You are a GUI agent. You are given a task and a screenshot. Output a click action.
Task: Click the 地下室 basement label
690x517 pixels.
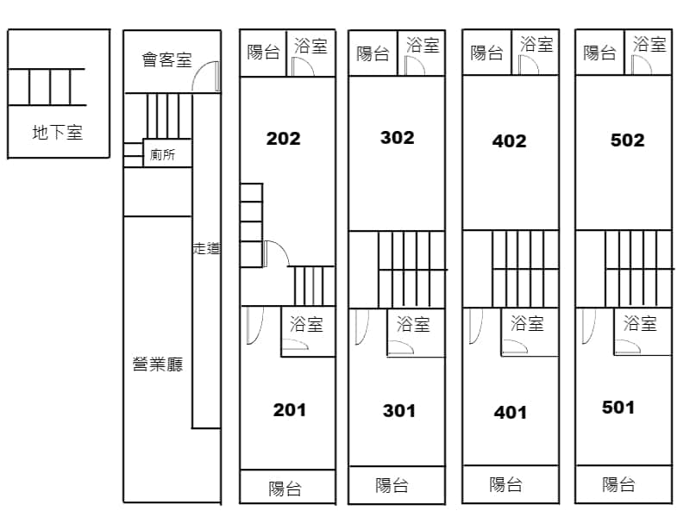point(58,132)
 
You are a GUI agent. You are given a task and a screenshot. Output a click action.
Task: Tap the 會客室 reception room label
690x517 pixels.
point(166,59)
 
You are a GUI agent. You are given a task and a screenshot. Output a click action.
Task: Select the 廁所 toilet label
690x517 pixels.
point(162,154)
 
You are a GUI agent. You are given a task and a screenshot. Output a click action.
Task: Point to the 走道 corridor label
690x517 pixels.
point(206,248)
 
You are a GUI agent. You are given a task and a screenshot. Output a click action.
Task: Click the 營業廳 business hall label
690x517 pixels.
point(158,364)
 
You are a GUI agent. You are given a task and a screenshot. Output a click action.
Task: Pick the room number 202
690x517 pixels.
point(284,139)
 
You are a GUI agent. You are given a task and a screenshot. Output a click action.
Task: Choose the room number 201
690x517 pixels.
point(290,410)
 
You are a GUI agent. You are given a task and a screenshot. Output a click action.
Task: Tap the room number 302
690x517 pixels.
point(398,138)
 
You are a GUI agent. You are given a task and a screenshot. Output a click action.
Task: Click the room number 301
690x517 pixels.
point(399,411)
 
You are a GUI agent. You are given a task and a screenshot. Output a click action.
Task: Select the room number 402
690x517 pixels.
point(509,140)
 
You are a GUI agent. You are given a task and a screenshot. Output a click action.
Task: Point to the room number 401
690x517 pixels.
point(511,413)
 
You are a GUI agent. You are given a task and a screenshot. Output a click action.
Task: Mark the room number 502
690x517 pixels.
point(628,140)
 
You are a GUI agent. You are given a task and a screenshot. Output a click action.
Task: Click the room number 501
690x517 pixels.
point(618,408)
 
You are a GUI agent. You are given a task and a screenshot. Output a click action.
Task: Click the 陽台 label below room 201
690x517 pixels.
point(285,489)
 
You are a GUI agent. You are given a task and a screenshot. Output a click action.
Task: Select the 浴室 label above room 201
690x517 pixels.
point(306,324)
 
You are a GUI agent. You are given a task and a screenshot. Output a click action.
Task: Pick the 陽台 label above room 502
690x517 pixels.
point(599,53)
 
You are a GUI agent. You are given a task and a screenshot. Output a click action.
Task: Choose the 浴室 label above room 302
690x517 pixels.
point(423,45)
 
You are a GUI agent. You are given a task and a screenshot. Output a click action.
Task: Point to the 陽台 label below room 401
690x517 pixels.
point(506,484)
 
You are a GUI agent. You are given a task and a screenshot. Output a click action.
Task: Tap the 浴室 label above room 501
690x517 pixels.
point(640,323)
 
